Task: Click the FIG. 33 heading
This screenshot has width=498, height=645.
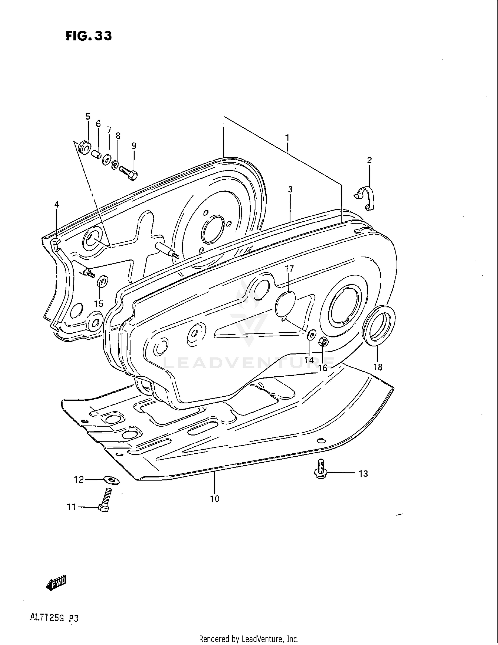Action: point(89,36)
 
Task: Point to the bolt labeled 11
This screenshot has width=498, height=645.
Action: point(104,500)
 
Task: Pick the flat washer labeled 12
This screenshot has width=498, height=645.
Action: point(112,480)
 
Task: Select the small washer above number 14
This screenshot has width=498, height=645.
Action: point(311,335)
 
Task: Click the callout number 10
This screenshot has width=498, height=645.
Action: point(215,499)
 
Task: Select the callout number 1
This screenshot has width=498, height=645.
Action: point(287,138)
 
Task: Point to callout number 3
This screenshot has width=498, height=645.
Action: point(290,189)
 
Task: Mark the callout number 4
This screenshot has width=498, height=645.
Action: point(57,204)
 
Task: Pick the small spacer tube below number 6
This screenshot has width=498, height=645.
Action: point(96,155)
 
